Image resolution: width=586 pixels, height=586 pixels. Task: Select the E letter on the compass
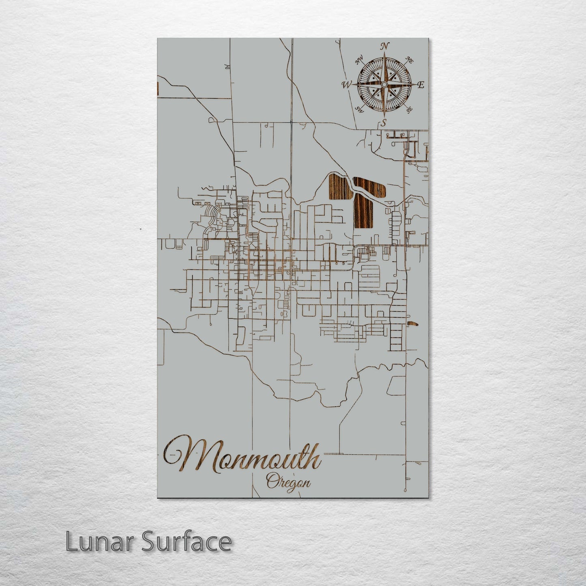click(x=421, y=85)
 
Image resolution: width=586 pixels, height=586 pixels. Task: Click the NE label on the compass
click(x=409, y=61)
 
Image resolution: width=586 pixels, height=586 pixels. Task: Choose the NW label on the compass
click(x=358, y=61)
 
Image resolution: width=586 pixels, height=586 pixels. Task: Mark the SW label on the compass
click(x=359, y=109)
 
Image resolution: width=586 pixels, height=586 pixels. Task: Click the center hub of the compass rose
click(x=384, y=84)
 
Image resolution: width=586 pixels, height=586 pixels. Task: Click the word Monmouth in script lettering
click(x=243, y=456)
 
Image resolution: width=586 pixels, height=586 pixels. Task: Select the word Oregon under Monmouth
click(x=288, y=483)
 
